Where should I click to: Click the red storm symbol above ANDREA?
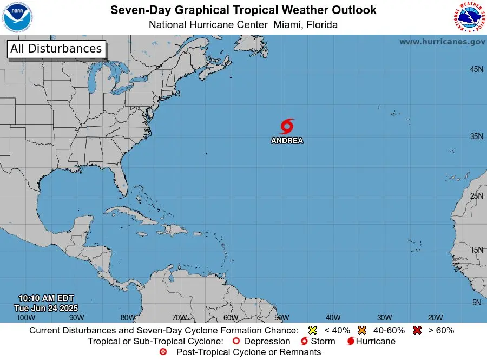tap(287, 126)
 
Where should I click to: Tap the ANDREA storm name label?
tap(287, 141)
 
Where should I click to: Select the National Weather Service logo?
tap(468, 17)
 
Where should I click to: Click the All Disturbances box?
tap(56, 49)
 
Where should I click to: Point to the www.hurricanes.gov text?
tap(442, 42)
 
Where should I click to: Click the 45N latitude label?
tap(476, 69)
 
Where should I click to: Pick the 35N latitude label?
tap(476, 136)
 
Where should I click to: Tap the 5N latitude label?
tap(477, 303)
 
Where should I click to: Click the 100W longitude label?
tap(25, 318)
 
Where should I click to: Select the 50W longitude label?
tap(281, 318)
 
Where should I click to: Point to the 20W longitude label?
tap(436, 318)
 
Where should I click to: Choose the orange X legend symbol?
tap(362, 330)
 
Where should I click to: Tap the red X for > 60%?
tap(417, 330)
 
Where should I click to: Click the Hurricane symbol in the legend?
tap(351, 342)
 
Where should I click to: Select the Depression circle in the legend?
tap(235, 342)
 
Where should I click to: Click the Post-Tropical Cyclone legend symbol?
tap(163, 352)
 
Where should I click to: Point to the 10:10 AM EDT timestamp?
tap(46, 298)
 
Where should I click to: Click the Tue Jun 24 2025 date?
tap(46, 307)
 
